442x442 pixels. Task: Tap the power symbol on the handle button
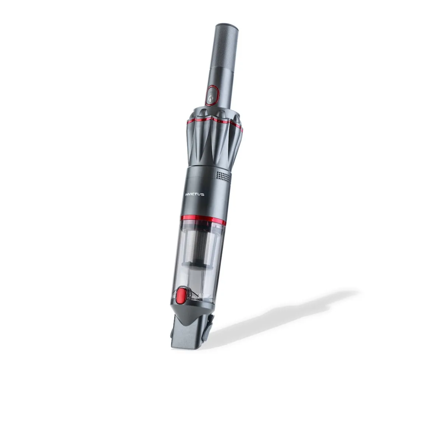(211, 98)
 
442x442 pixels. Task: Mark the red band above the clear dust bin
(203, 220)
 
